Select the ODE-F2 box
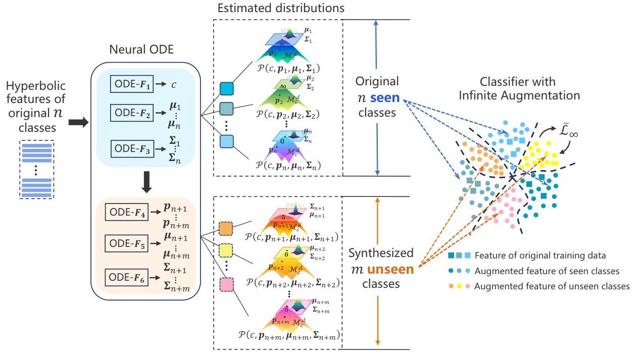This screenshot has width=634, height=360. click(x=130, y=114)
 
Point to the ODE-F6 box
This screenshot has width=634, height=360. click(x=126, y=277)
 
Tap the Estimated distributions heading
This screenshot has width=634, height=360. click(x=281, y=9)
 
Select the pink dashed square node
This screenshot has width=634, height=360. click(x=227, y=284)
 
